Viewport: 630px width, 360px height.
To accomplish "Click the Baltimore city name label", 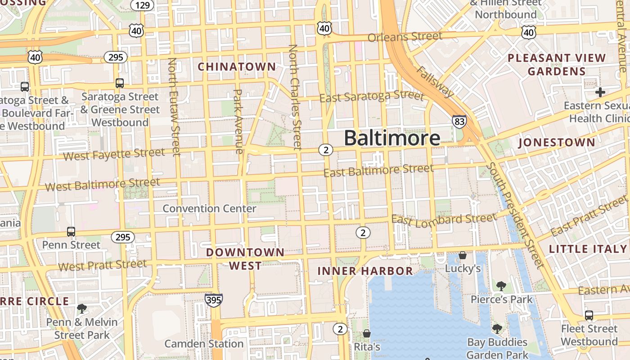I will pyautogui.click(x=392, y=138).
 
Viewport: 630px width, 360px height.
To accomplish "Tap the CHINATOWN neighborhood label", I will pyautogui.click(x=237, y=67).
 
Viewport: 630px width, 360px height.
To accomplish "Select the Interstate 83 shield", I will pyautogui.click(x=459, y=121).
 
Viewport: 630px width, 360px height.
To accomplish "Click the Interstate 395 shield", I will pyautogui.click(x=213, y=300).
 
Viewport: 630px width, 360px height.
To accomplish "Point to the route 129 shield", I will pyautogui.click(x=143, y=5).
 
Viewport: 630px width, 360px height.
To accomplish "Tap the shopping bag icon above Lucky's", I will pyautogui.click(x=463, y=255).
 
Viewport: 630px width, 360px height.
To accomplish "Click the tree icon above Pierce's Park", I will pyautogui.click(x=501, y=286).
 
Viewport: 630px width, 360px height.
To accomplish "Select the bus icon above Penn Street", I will pyautogui.click(x=71, y=232).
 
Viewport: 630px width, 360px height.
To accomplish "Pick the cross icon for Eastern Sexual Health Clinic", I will pyautogui.click(x=600, y=92).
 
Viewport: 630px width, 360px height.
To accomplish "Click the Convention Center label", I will pyautogui.click(x=209, y=209).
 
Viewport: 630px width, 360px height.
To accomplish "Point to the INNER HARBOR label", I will pyautogui.click(x=365, y=271).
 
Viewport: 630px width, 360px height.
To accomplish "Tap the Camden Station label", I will pyautogui.click(x=204, y=344).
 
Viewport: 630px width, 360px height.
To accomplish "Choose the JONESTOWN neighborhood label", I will pyautogui.click(x=557, y=143).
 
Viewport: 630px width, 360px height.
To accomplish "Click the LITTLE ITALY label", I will pyautogui.click(x=588, y=249).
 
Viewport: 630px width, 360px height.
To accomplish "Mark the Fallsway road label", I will pyautogui.click(x=436, y=82).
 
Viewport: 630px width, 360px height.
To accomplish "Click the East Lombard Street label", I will pyautogui.click(x=444, y=219).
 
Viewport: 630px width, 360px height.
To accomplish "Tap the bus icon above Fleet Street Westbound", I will pyautogui.click(x=589, y=315).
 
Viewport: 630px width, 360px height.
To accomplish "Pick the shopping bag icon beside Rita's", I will pyautogui.click(x=367, y=333).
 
